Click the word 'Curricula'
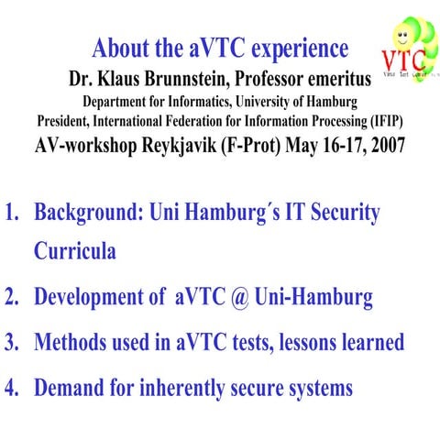75,251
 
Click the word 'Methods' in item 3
71,343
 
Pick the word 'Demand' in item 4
70,388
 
